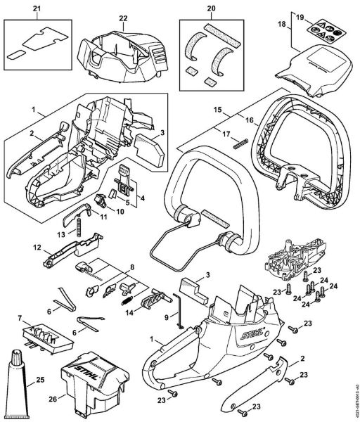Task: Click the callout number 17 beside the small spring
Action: click(225, 134)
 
